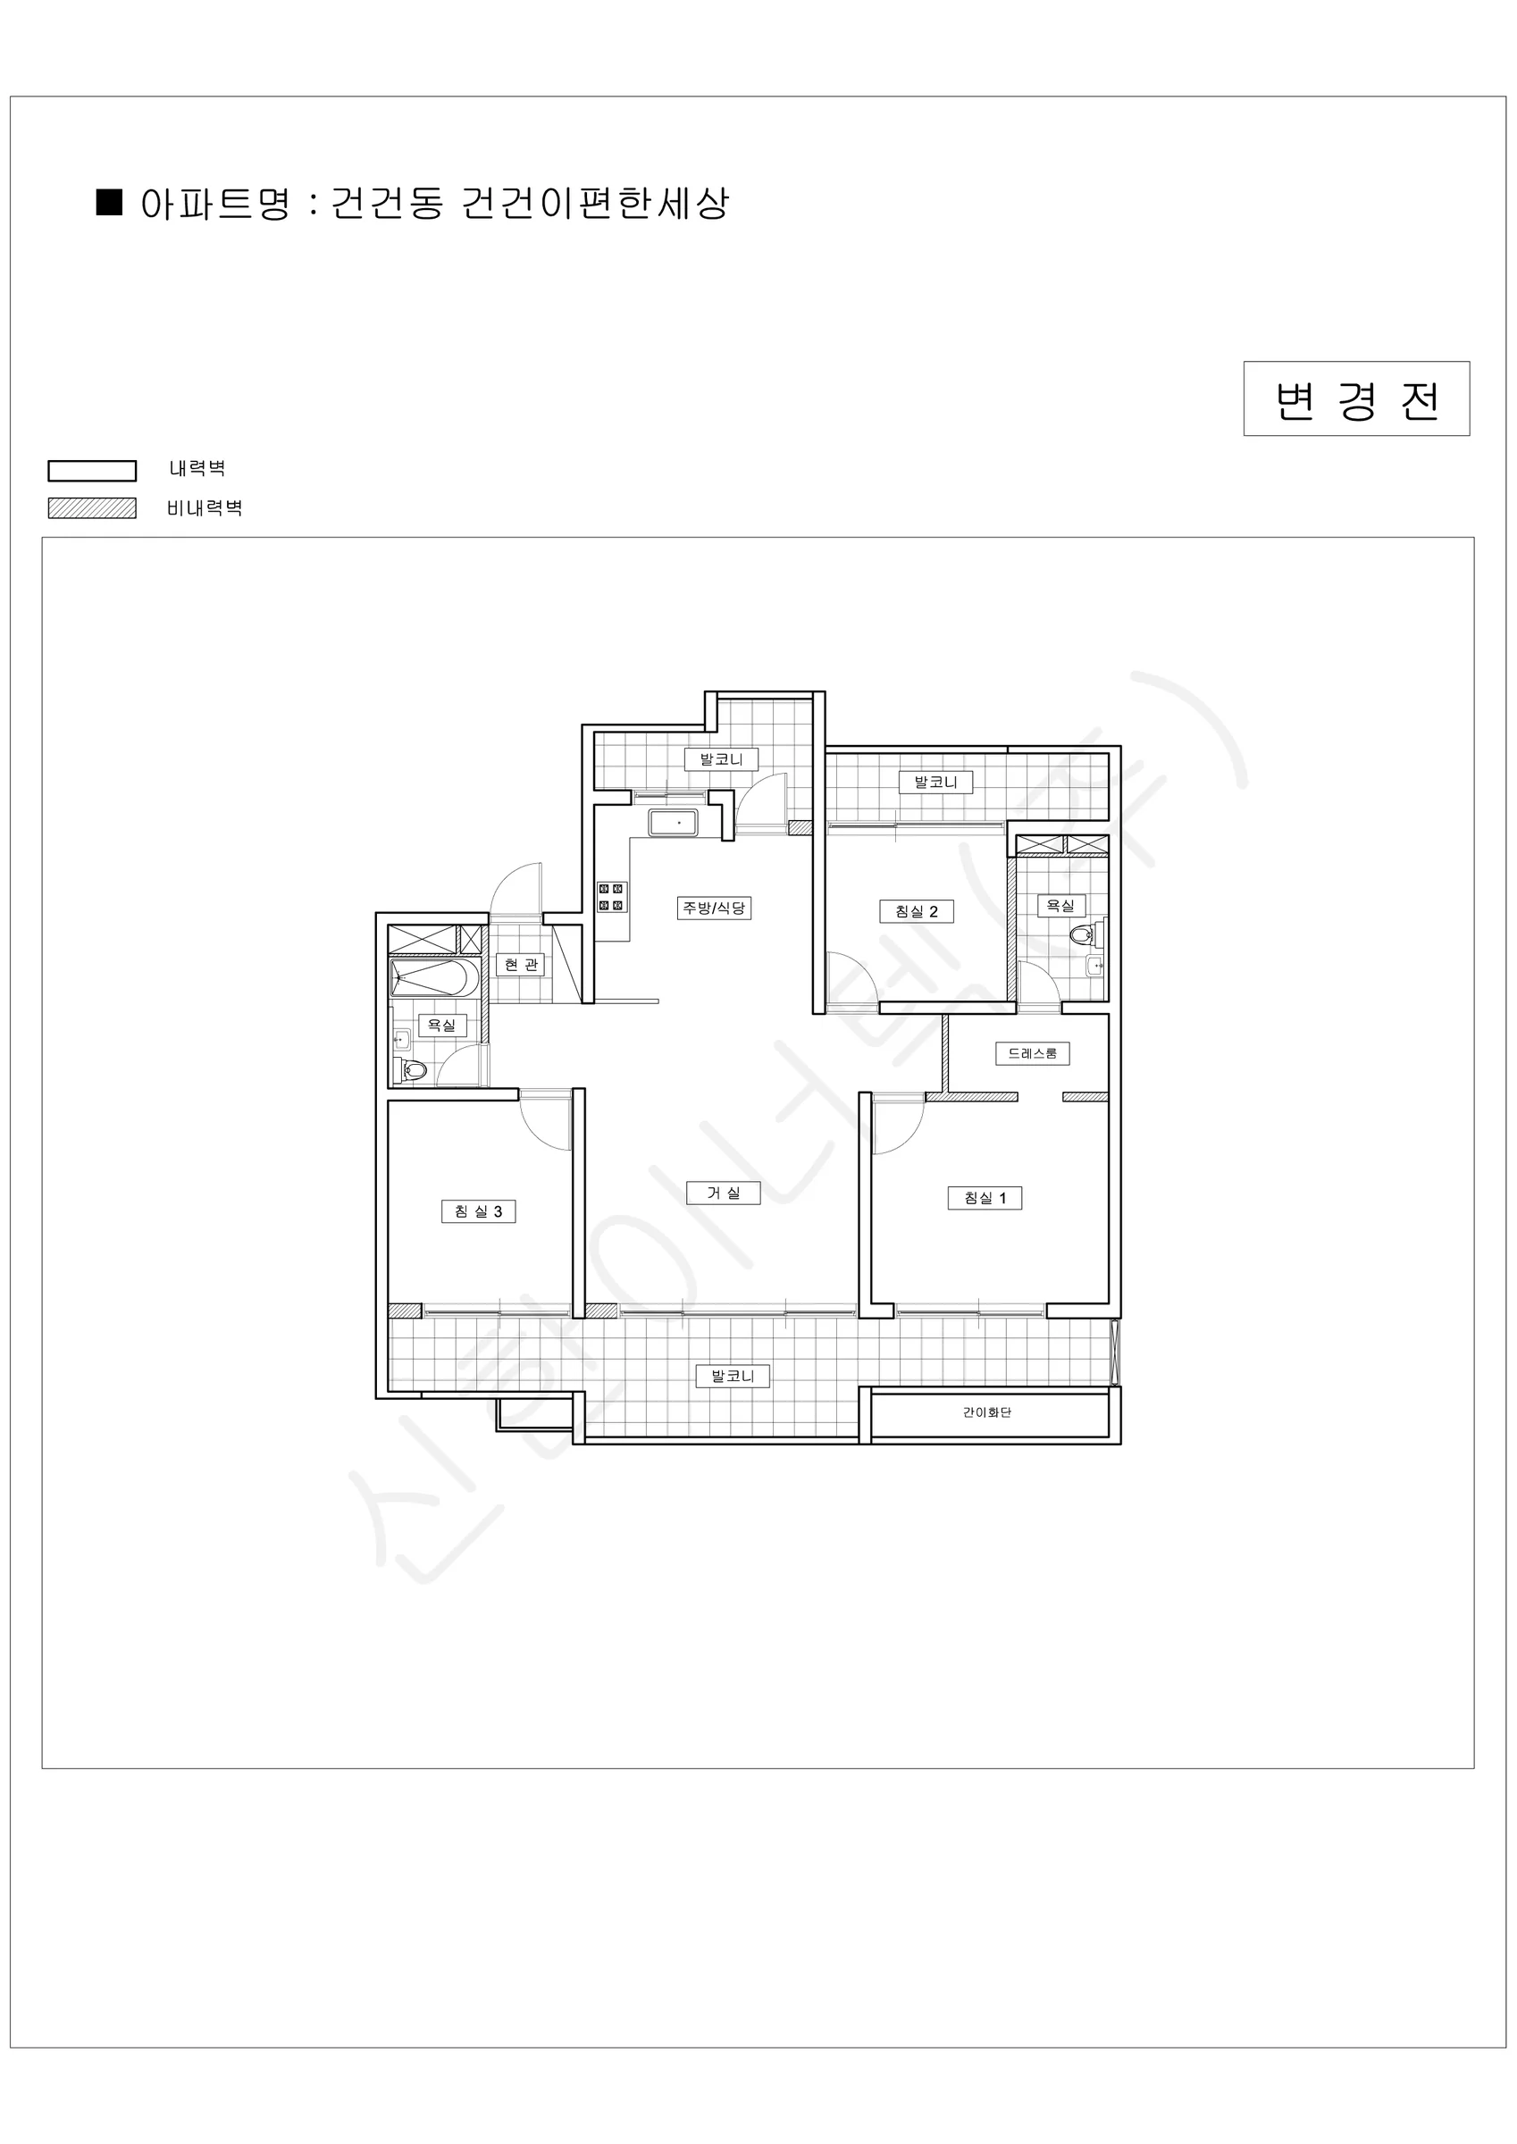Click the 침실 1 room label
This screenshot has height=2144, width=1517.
click(x=985, y=1198)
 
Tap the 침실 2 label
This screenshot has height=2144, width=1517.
click(x=917, y=911)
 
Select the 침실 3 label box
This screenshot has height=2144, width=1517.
click(x=478, y=1211)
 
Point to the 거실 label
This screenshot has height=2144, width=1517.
click(x=723, y=1193)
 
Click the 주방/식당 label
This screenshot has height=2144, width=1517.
click(x=714, y=908)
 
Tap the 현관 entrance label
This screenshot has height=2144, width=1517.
click(x=520, y=965)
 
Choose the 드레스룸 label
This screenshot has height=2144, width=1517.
click(x=1032, y=1053)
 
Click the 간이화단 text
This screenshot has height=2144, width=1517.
click(x=987, y=1411)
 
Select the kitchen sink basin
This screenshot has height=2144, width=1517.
click(x=674, y=824)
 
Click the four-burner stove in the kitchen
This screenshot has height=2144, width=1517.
click(x=611, y=898)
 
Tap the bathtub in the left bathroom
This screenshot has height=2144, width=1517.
click(x=434, y=977)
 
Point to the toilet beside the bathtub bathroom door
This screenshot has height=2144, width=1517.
click(x=414, y=1070)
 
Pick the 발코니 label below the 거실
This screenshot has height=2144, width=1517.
click(x=733, y=1376)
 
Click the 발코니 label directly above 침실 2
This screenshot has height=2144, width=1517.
click(x=935, y=782)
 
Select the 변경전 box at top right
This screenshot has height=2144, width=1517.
click(x=1356, y=398)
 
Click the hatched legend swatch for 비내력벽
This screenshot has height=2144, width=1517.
click(x=93, y=508)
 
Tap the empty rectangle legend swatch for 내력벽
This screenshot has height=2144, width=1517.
click(x=93, y=471)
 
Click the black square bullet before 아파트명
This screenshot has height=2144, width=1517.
click(x=110, y=202)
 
